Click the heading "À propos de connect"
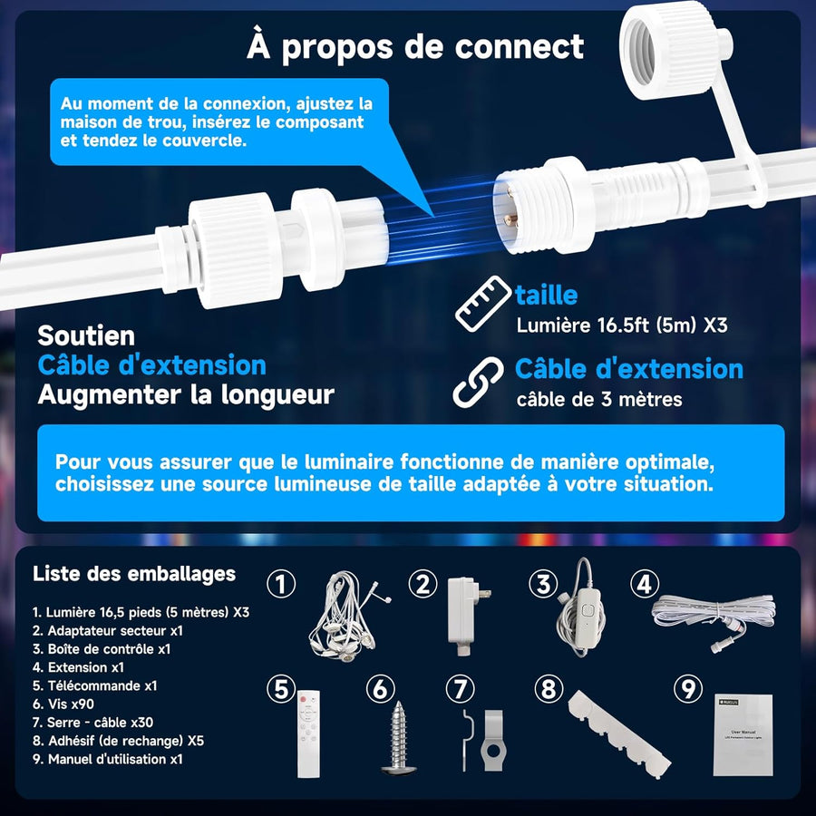pos(415,47)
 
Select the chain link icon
pos(478,382)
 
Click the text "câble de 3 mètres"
pos(598,399)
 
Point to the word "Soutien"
pos(86,335)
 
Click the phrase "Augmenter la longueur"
pos(185,394)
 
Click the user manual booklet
pos(741,734)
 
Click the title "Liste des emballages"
pos(133,574)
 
